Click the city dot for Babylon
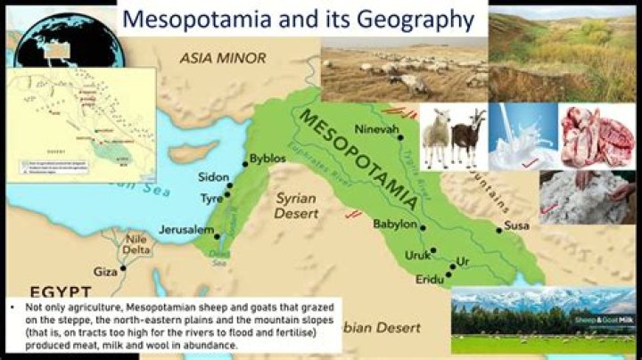pos(423,226)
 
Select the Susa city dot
pos(499,230)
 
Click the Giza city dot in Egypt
pos(123,267)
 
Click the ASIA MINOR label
pos(222,58)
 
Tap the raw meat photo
pos(597,136)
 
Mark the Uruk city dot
pos(433,250)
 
